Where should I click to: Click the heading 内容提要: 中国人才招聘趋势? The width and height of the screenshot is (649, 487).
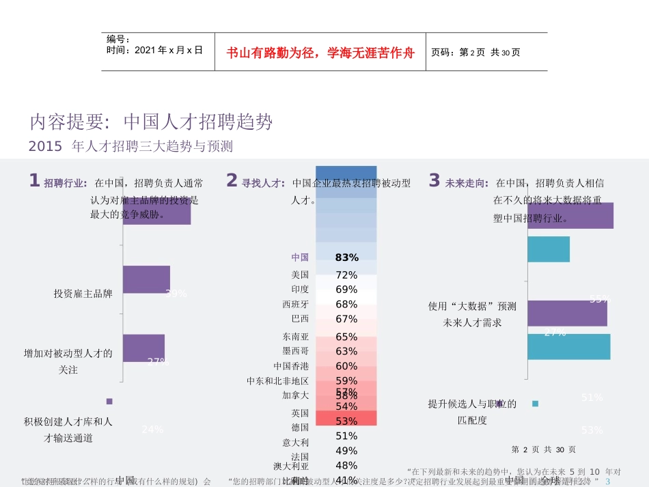151,122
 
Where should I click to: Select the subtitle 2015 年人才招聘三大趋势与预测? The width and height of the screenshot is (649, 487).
131,147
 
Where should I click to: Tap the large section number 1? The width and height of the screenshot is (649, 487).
34,180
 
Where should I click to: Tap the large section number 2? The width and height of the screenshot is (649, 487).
232,180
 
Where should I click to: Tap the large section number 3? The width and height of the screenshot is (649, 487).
434,180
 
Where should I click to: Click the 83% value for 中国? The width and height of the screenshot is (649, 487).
346,258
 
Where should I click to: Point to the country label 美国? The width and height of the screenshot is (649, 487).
300,275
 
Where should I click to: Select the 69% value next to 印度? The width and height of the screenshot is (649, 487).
346,290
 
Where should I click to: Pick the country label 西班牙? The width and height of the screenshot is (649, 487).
295,304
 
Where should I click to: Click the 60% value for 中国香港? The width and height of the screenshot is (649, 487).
346,366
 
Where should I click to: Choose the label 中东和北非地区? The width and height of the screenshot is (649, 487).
277,380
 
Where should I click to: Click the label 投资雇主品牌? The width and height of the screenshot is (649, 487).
83,294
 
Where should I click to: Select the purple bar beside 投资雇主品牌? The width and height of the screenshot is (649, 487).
146,279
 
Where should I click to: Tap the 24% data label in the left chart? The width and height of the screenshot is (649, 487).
152,430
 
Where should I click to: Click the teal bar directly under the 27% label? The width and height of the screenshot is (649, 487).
568,346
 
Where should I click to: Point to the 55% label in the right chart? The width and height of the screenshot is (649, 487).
599,299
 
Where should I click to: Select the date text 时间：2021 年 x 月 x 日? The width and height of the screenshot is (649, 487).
154,50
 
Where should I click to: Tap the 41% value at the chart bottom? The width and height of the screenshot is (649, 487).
346,479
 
